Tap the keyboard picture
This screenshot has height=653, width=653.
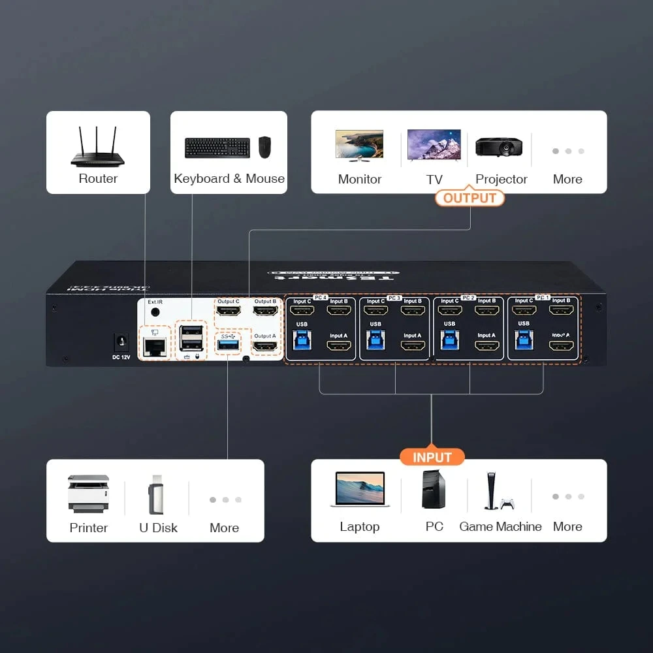217,148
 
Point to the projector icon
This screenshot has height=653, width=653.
498,146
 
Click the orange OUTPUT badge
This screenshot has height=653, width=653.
470,198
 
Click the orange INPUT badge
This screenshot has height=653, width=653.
432,457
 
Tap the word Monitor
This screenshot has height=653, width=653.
360,179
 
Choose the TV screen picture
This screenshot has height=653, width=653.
434,145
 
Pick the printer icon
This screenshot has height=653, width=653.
88,494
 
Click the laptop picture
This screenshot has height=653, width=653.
360,490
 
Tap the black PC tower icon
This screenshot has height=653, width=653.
433,490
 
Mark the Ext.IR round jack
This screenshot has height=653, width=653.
155,312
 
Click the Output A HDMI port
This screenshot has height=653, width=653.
264,346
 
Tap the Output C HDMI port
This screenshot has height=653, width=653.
228,311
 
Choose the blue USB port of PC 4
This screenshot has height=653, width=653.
302,339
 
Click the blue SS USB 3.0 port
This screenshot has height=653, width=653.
229,344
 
